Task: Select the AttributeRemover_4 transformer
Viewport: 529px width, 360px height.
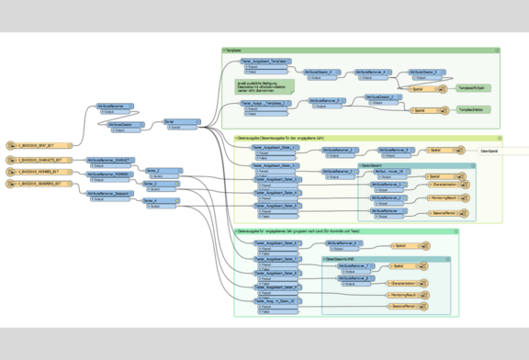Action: coord(372,72)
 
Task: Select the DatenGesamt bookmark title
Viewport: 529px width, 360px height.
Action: coord(373,165)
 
